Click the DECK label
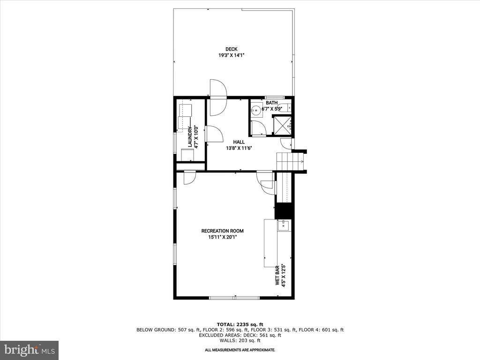231,49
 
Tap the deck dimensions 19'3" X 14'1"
231,55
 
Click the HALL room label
239,142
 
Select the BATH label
271,103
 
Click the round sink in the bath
256,111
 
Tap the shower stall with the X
283,125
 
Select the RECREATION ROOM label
222,231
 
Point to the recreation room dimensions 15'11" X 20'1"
222,237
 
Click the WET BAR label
277,274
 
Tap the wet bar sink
283,225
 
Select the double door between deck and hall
218,97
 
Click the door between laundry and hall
213,134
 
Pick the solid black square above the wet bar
283,210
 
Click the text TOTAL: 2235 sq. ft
240,324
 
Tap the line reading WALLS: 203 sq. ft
240,341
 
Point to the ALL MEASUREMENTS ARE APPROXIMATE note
240,350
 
